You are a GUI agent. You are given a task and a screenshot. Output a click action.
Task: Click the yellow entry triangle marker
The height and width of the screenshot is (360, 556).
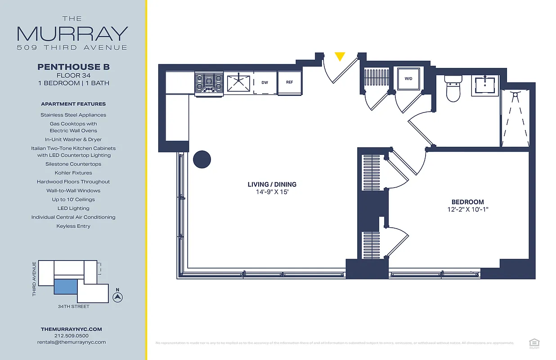340,56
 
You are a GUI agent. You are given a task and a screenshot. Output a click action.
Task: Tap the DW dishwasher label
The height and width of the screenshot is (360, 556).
265,83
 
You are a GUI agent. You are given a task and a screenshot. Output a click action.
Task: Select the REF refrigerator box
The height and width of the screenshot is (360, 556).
289,83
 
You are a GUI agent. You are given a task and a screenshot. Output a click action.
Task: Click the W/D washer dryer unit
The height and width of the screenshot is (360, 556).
408,79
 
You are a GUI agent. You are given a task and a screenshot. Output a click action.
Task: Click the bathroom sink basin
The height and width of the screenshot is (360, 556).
485,85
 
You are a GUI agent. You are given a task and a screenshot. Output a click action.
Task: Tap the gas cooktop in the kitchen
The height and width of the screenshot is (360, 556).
209,84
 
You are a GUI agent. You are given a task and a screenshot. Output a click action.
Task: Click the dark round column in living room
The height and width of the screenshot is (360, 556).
202,159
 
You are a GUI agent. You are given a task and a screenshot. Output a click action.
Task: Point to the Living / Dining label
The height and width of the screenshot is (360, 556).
272,184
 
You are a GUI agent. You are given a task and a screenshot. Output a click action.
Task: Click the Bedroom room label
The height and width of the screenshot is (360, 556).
467,202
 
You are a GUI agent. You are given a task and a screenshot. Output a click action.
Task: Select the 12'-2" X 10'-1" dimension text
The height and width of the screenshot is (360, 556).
467,210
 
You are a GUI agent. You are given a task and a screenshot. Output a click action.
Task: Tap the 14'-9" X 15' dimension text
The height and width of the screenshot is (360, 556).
272,192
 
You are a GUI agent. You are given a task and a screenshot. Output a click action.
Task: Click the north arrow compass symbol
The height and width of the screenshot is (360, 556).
117,297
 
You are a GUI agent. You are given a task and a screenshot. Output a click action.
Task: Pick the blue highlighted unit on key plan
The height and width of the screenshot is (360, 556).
66,287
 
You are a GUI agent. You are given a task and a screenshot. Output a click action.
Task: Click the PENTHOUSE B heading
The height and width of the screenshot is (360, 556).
73,67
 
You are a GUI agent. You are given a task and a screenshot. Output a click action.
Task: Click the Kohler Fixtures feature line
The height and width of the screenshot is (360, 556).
73,173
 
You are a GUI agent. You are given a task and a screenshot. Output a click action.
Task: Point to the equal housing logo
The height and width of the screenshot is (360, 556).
534,343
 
